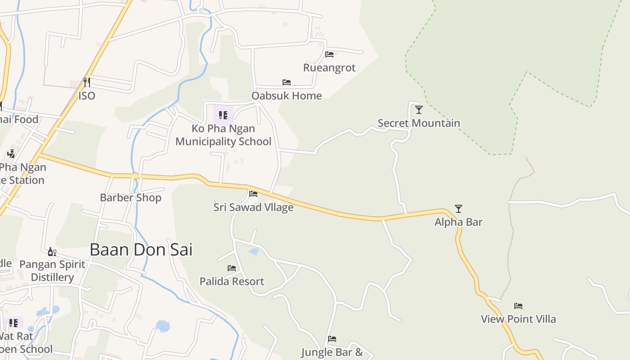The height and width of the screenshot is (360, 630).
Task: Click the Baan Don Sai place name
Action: (x=141, y=249)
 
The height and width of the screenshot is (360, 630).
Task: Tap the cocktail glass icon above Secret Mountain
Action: (x=419, y=109)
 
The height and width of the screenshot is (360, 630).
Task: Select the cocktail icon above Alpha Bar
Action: (x=458, y=208)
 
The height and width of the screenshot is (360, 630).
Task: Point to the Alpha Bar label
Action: (x=458, y=222)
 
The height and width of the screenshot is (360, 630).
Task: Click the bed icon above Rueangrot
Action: (x=329, y=54)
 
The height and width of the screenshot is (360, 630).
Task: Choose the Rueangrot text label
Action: (x=329, y=68)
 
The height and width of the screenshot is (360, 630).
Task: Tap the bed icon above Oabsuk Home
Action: (x=287, y=82)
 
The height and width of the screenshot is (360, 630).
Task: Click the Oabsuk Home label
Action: (x=287, y=96)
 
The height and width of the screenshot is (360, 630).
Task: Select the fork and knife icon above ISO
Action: (x=87, y=82)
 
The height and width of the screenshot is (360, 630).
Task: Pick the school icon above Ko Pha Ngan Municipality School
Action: (x=223, y=115)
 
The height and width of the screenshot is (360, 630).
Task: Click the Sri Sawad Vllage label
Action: (x=253, y=207)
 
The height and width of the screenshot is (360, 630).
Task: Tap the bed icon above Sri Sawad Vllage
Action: (x=253, y=194)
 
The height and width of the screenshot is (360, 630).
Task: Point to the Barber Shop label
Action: (x=130, y=198)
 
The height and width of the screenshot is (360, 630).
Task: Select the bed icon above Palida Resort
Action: (x=232, y=268)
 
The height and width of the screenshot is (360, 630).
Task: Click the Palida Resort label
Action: (x=232, y=282)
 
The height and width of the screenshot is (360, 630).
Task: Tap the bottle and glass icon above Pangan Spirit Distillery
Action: (x=52, y=252)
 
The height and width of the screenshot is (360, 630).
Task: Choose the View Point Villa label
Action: (x=518, y=319)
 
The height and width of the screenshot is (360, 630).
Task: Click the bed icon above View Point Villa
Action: (x=518, y=306)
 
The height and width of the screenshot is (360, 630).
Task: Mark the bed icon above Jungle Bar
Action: (x=332, y=339)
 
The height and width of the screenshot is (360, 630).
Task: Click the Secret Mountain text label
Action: (x=418, y=123)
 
